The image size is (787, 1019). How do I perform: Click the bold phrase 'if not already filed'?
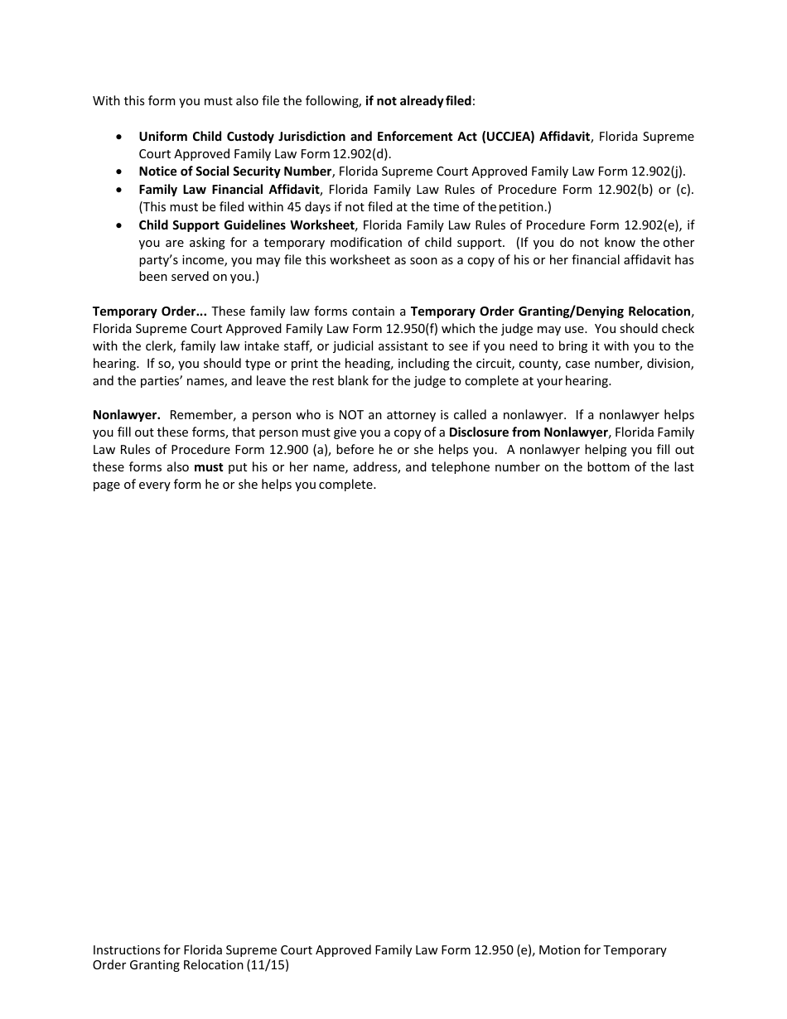coord(418,101)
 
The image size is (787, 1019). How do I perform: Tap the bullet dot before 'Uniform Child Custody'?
coord(121,137)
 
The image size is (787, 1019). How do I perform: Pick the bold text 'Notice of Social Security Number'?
coord(235,171)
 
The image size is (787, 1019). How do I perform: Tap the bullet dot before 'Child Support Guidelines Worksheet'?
coord(121,225)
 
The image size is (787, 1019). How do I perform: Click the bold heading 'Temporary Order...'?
coord(149,311)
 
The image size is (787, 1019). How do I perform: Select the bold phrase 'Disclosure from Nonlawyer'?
coord(529,432)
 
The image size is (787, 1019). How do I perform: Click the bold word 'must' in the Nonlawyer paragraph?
coord(209,467)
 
